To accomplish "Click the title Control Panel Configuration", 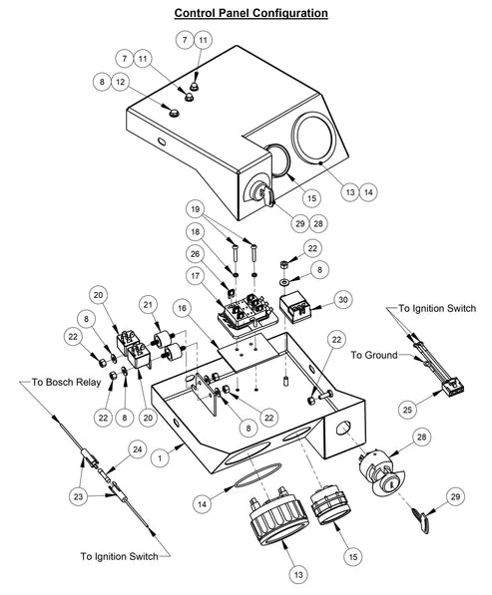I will (250, 13).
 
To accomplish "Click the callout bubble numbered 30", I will (341, 297).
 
